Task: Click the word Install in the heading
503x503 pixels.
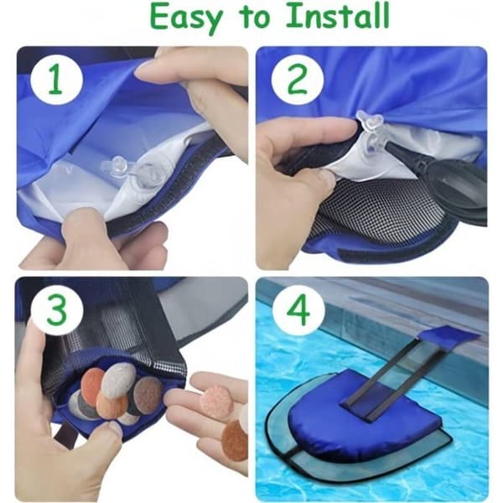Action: pos(338,15)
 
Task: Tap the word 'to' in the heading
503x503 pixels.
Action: pos(256,18)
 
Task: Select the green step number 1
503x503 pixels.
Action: pos(55,80)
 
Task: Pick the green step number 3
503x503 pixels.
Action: pos(58,310)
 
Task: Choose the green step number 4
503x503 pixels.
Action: pos(298,310)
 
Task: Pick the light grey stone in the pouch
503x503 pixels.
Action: pos(120,378)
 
